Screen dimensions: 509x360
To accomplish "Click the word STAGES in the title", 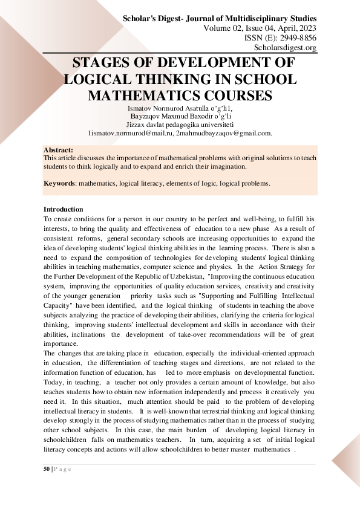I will point(106,64).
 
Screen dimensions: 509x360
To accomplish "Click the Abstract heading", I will point(58,149).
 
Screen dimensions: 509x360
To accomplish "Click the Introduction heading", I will point(64,209).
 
